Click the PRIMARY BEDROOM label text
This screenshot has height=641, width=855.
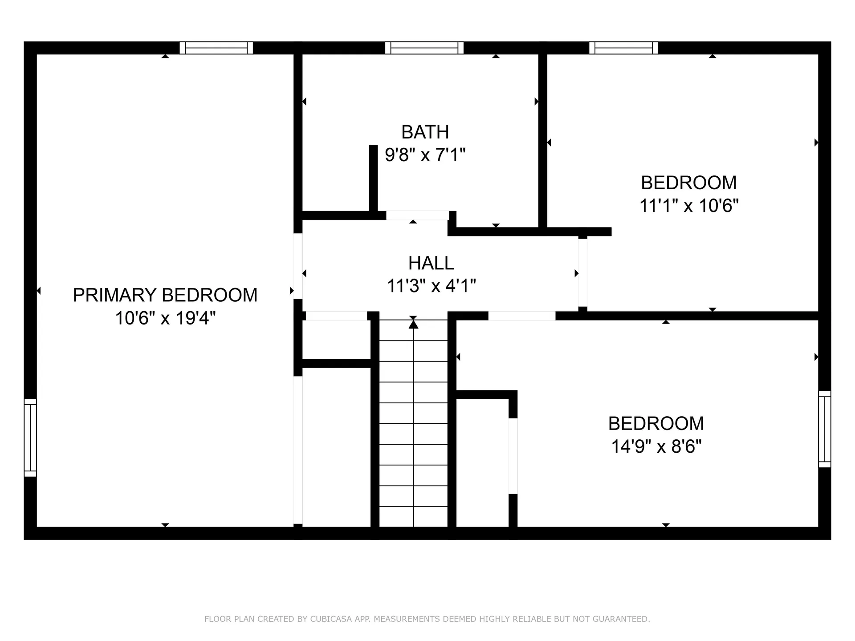click(165, 295)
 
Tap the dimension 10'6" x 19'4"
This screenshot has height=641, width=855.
click(165, 318)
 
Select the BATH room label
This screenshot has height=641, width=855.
click(425, 132)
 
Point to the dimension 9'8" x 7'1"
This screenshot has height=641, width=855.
click(425, 155)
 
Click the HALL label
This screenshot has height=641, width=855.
click(431, 263)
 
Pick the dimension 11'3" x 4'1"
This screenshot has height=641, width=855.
click(431, 286)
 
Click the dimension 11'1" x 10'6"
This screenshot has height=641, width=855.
click(688, 206)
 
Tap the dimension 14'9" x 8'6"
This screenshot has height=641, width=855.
click(656, 446)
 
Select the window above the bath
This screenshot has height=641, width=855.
click(424, 48)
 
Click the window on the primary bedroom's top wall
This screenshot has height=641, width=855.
click(216, 48)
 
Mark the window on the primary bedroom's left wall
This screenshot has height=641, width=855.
click(30, 438)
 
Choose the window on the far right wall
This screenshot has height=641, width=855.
click(825, 429)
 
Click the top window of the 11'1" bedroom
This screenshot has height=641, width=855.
click(623, 48)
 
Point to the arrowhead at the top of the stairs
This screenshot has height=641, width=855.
click(413, 325)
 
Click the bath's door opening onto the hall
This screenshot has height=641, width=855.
click(417, 215)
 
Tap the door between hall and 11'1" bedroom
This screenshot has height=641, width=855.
click(582, 272)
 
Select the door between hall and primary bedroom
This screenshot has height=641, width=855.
click(298, 266)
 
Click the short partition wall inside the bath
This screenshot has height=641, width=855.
click(373, 178)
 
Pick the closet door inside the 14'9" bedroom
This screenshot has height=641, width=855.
click(513, 456)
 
